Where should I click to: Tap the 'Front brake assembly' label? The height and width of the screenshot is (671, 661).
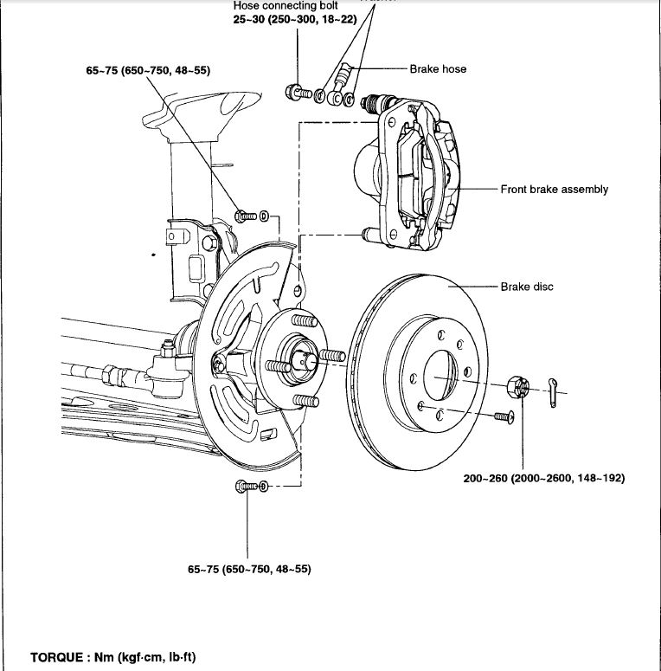pyautogui.click(x=554, y=189)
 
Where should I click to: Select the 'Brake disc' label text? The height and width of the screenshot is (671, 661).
pyautogui.click(x=526, y=287)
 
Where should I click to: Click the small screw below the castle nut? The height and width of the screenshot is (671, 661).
pyautogui.click(x=505, y=418)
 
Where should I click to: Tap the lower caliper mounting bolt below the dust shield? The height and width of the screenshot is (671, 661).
pyautogui.click(x=246, y=487)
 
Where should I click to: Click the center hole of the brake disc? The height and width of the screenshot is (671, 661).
pyautogui.click(x=442, y=378)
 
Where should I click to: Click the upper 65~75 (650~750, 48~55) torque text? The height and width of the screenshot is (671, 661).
pyautogui.click(x=148, y=69)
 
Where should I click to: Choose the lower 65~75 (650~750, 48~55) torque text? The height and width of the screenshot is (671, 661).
pyautogui.click(x=248, y=570)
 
